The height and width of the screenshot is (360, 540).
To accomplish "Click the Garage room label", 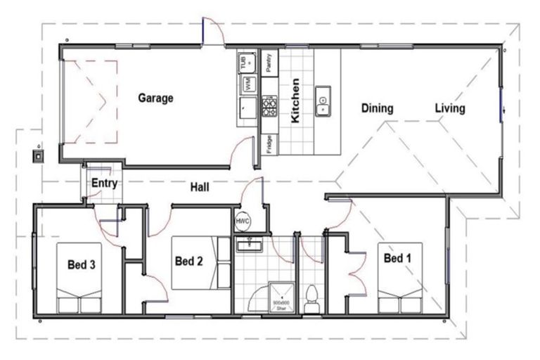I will coord(155,98).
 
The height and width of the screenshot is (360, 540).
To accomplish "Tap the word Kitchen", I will coord(296,101).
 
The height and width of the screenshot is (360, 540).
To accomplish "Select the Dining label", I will coord(377,108).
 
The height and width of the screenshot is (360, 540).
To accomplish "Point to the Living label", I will coord(449,108).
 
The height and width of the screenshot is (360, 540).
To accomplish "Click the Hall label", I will coord(200,188).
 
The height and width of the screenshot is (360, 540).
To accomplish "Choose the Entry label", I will coord(104,184).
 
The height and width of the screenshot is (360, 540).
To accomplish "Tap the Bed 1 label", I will coord(397,259).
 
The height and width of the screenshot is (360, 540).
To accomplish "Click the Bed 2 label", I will coord(188,262).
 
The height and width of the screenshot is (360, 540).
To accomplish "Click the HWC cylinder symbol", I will coord(243,221).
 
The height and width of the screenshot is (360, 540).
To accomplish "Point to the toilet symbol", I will coord(314,298).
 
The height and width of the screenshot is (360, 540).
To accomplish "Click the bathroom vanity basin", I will coord(247,245).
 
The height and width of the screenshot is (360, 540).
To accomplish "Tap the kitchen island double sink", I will coord(323,101).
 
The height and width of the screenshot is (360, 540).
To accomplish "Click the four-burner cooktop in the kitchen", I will coord(269,106).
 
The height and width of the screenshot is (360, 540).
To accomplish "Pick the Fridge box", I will coord(269,144).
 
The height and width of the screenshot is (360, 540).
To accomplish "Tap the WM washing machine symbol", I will coord(248,84).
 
